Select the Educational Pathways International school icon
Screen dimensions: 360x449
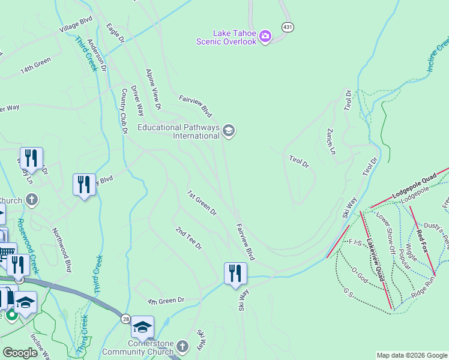click(x=228, y=130)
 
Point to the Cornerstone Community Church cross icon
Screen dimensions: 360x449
click(x=182, y=346)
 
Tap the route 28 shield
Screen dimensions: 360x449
click(x=125, y=318)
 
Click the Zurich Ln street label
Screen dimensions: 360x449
click(x=331, y=140)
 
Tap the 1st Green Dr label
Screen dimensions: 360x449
click(x=202, y=203)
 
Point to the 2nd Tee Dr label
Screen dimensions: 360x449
click(x=189, y=238)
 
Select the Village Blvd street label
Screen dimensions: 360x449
click(x=76, y=24)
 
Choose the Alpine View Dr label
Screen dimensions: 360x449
click(x=154, y=89)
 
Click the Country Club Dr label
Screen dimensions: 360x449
click(x=125, y=111)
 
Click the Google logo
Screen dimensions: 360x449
click(x=20, y=353)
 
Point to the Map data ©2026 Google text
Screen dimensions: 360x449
click(x=411, y=355)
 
